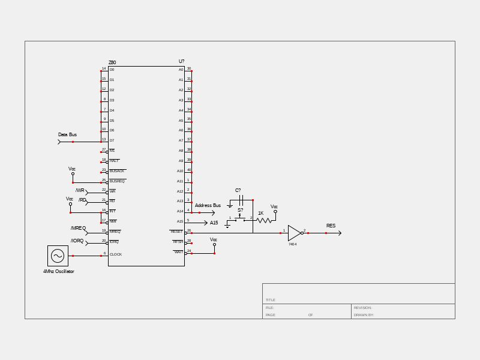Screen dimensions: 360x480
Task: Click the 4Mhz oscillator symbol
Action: [x=58, y=256]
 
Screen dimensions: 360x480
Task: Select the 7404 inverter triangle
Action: [x=294, y=233]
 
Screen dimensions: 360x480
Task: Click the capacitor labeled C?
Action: [x=240, y=200]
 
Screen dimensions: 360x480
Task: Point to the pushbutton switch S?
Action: [x=240, y=218]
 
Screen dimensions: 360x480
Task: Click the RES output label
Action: [x=331, y=226]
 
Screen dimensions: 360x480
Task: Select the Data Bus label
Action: [x=67, y=135]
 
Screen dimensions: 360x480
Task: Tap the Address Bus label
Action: [x=208, y=206]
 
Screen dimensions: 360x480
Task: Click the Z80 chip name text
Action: [x=112, y=62]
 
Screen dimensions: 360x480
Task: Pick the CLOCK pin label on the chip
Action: [x=116, y=254]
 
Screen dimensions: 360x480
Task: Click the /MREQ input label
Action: [x=78, y=229]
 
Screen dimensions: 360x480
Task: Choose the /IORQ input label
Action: [x=77, y=241]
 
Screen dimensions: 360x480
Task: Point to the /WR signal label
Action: [x=80, y=191]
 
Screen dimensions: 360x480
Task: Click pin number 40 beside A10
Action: [x=188, y=170]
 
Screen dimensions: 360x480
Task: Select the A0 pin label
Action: [x=181, y=70]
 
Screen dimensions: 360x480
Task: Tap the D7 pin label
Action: [x=112, y=140]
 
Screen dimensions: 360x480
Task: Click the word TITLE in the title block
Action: [x=271, y=300]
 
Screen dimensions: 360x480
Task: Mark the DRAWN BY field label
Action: [x=364, y=315]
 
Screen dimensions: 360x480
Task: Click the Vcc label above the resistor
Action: [x=274, y=206]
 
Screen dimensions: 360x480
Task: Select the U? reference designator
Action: [x=181, y=61]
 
